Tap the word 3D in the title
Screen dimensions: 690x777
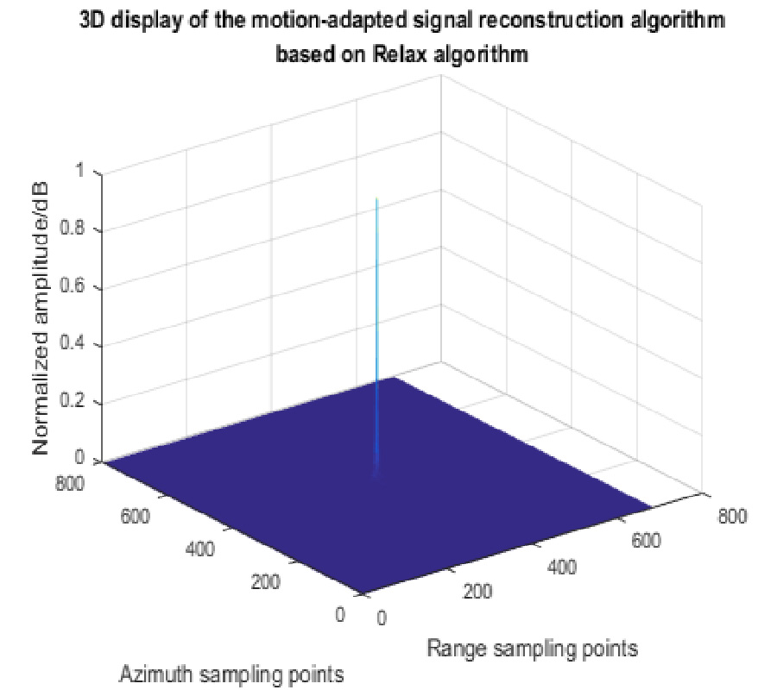[x=92, y=21]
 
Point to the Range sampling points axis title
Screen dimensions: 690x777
[x=533, y=647]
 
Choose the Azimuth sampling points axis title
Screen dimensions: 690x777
[x=231, y=673]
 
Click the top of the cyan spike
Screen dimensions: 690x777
[x=377, y=199]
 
